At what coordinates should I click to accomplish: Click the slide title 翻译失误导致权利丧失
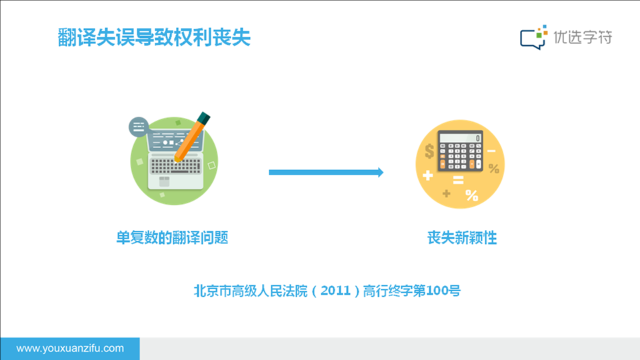(154, 37)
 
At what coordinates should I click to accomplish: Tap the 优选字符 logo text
(583, 37)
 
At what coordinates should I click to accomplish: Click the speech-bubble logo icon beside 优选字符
(533, 37)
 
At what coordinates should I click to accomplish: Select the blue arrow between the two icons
(326, 172)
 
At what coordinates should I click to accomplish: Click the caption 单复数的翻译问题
(172, 237)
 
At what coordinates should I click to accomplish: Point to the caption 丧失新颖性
(462, 237)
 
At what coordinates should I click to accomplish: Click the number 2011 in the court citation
(335, 291)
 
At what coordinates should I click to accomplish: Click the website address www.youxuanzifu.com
(70, 348)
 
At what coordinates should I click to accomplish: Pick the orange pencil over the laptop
(191, 137)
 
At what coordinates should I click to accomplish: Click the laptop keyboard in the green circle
(175, 166)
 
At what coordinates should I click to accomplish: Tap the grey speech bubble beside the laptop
(139, 127)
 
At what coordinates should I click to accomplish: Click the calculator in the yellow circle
(461, 151)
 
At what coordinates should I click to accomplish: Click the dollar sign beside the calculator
(429, 151)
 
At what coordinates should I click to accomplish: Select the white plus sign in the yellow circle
(428, 175)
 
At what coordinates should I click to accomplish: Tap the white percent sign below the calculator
(472, 195)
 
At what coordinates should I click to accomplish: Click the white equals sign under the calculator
(458, 180)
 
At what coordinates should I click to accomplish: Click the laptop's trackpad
(164, 181)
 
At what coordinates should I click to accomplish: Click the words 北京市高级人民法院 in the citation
(250, 291)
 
